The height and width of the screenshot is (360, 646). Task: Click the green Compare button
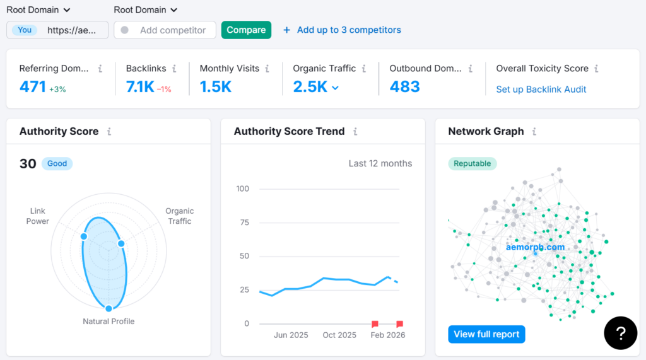(x=246, y=30)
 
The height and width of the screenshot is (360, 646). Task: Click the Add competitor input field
(x=172, y=30)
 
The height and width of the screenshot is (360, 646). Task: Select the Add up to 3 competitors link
(x=342, y=30)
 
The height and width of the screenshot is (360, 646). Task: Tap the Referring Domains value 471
(x=33, y=87)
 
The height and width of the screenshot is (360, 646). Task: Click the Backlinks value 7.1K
(x=140, y=87)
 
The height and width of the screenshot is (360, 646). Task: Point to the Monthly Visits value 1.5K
(x=216, y=87)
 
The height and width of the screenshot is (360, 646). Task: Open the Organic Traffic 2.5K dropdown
(x=335, y=88)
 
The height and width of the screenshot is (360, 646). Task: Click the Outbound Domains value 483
(x=404, y=87)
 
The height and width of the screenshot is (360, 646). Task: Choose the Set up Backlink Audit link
(x=541, y=90)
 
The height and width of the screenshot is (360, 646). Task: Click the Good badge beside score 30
(x=57, y=164)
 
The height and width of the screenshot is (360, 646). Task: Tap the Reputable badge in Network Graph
(x=473, y=164)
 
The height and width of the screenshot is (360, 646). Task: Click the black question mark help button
(x=620, y=333)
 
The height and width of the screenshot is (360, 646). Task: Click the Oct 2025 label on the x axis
(x=339, y=335)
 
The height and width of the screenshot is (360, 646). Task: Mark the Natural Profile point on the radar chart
(x=109, y=308)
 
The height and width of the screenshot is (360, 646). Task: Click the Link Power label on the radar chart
(x=38, y=216)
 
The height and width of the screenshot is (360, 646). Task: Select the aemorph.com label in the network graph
(x=535, y=247)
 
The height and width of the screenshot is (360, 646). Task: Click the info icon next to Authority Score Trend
(x=355, y=132)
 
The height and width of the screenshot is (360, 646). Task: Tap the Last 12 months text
(x=380, y=164)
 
